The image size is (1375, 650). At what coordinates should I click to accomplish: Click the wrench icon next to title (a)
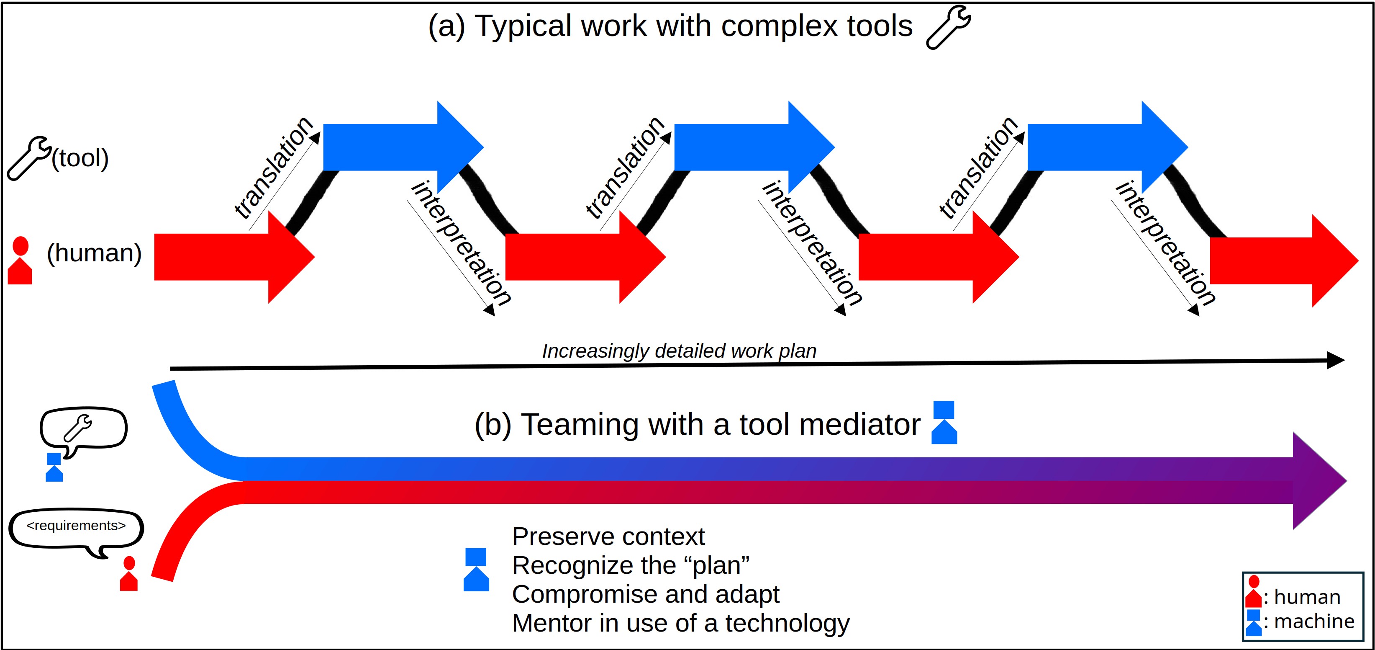(x=949, y=27)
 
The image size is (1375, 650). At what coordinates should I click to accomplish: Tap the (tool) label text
(x=80, y=158)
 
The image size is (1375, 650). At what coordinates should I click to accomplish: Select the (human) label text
(x=95, y=253)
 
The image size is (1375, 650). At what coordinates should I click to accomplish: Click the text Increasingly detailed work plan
(x=679, y=351)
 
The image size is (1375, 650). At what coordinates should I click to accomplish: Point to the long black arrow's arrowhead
(x=1335, y=361)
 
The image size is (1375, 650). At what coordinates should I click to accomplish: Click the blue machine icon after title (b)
(x=944, y=423)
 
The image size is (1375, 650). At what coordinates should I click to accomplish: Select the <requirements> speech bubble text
(x=76, y=526)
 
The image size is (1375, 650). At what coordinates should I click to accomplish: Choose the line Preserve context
(x=608, y=536)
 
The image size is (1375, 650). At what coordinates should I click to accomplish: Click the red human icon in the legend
(x=1253, y=591)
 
